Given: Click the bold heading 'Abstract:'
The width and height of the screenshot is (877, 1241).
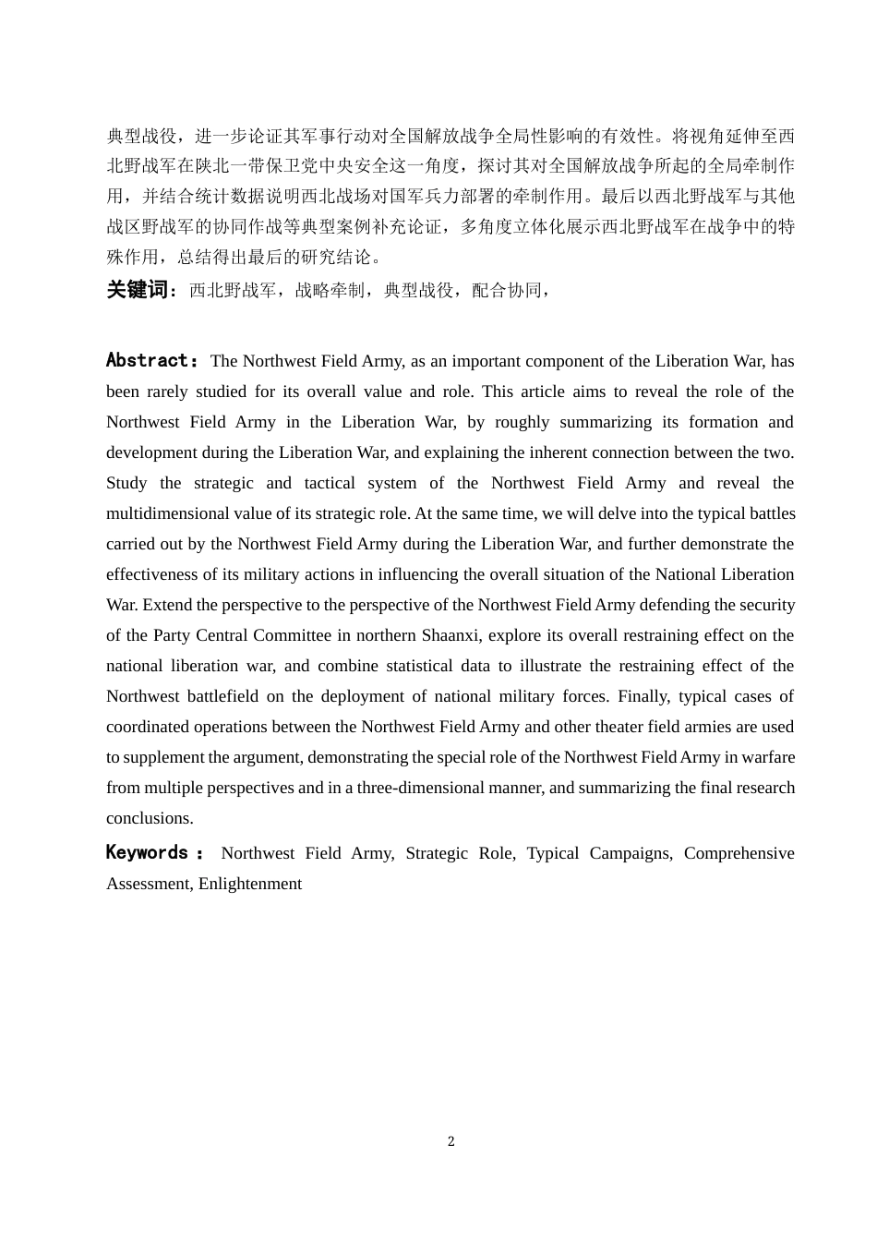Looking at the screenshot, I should [152, 360].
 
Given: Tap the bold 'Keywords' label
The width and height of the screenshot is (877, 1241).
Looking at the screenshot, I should [148, 852].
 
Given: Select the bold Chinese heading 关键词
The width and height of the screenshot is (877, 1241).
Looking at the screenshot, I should [138, 290].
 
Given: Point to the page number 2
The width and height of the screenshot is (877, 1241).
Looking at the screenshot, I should [451, 1141].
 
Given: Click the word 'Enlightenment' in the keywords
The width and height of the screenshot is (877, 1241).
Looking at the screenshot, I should [250, 884].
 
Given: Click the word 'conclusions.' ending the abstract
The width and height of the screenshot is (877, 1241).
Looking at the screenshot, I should [150, 818].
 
